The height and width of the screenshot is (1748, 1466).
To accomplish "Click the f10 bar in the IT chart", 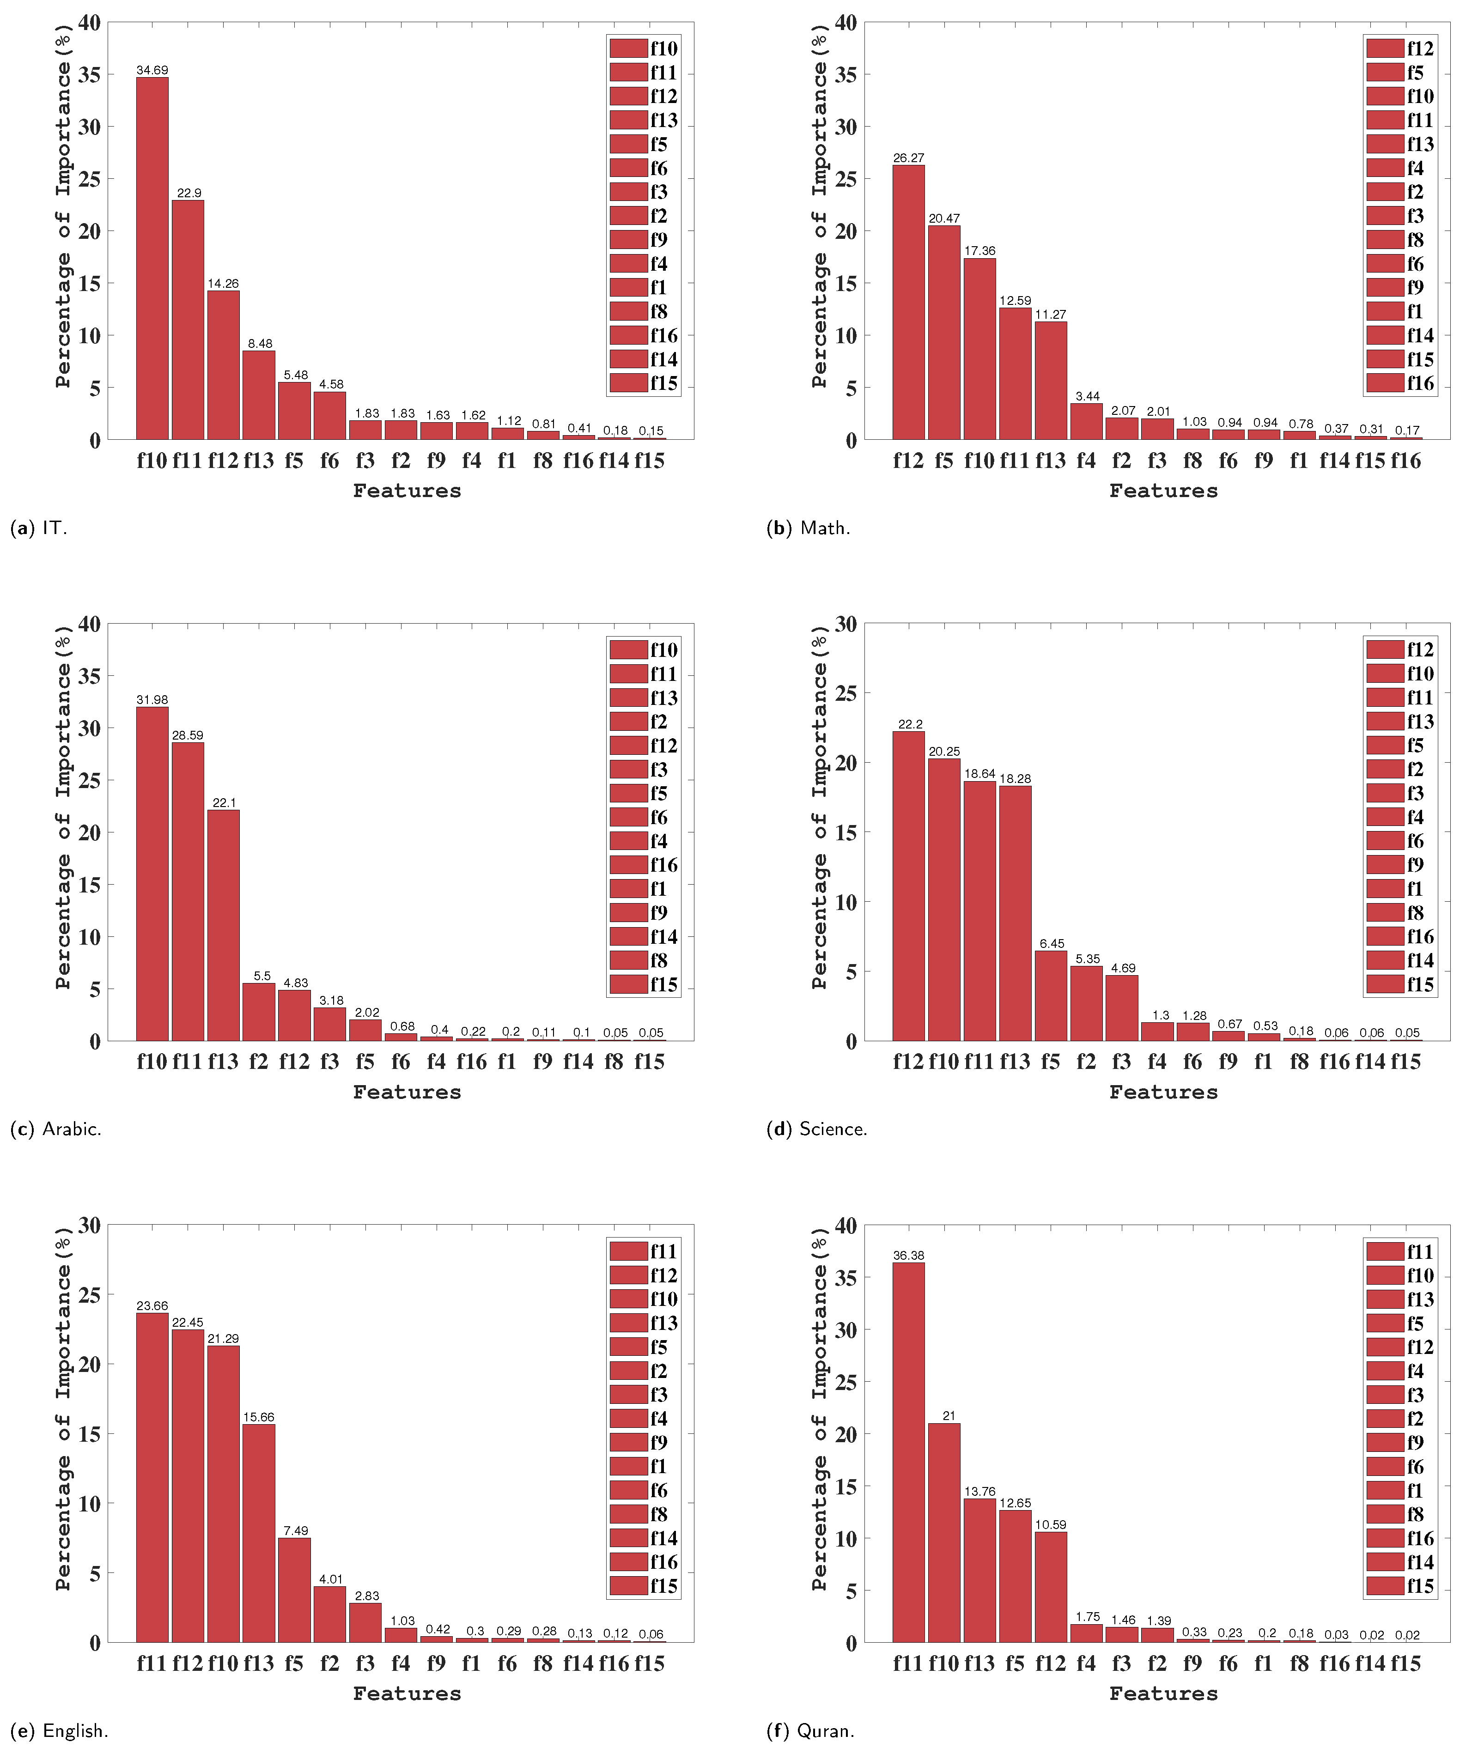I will (x=152, y=258).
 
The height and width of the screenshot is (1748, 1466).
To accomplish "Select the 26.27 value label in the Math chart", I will (x=908, y=158).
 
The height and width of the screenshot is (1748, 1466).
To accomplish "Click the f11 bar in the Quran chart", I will (x=908, y=1452).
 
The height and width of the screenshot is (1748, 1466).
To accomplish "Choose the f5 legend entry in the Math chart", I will (x=1400, y=73).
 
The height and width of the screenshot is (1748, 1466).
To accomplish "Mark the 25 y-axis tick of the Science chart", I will (x=845, y=693).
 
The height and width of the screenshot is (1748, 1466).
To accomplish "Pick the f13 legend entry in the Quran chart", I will (x=1400, y=1299).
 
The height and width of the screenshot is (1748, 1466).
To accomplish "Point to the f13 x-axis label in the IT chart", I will (x=258, y=460).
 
